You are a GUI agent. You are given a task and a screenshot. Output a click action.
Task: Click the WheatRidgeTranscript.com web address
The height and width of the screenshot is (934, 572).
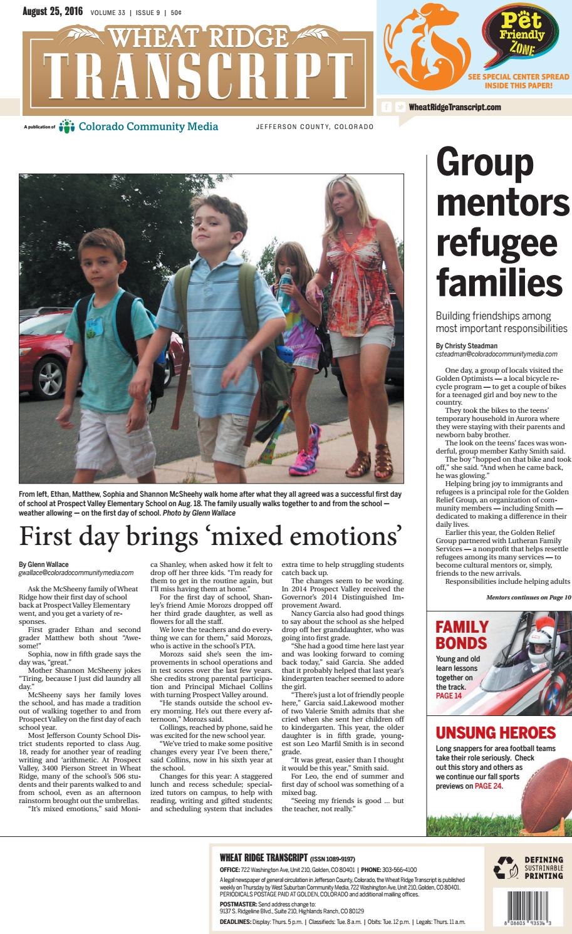[455, 107]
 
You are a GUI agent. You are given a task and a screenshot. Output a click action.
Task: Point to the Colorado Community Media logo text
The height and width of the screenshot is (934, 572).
[148, 127]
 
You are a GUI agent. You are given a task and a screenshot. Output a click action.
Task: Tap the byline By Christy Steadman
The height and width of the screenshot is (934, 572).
[468, 345]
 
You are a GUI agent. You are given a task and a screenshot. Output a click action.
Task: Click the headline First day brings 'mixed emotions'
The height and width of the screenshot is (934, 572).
[210, 537]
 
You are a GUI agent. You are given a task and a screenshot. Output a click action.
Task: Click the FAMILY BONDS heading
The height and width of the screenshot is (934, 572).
[462, 635]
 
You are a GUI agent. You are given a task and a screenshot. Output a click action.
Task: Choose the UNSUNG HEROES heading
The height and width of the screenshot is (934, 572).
[496, 732]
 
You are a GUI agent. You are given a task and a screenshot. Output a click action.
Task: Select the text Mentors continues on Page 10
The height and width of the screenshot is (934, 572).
[528, 597]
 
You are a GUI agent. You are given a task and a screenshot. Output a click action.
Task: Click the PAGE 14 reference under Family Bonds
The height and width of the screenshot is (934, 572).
[449, 695]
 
